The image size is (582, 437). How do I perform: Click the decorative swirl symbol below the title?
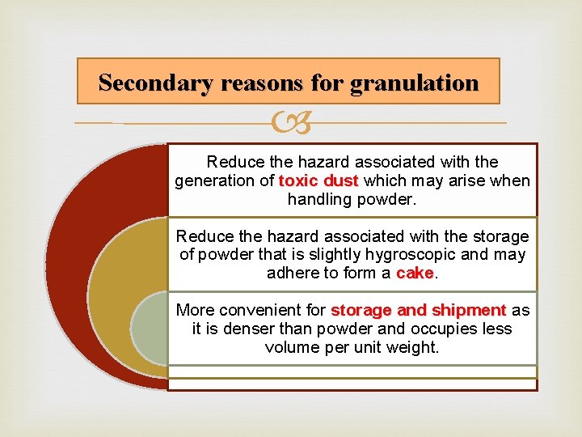click(x=290, y=124)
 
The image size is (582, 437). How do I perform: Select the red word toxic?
click(x=299, y=180)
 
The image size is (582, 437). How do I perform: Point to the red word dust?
click(x=344, y=180)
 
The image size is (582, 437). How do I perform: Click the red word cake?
click(x=415, y=274)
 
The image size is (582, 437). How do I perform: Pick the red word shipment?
click(x=469, y=310)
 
